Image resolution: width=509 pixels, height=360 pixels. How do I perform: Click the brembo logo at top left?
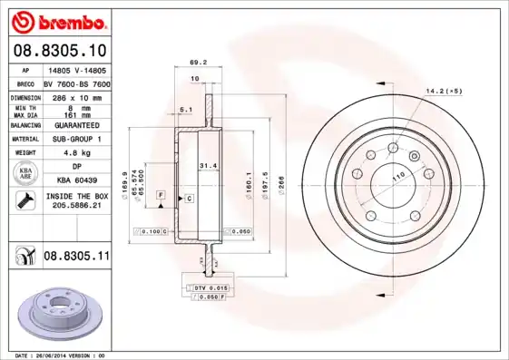coord(59,21)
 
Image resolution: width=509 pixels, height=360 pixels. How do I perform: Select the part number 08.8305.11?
coord(76,258)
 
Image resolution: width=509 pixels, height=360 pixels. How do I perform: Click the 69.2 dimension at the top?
coord(193,63)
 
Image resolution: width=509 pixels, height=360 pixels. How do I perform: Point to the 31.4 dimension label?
coord(208,165)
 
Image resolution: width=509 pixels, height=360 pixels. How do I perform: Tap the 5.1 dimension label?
coord(185,110)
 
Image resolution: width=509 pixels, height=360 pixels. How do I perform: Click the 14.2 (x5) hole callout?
coord(445,92)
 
